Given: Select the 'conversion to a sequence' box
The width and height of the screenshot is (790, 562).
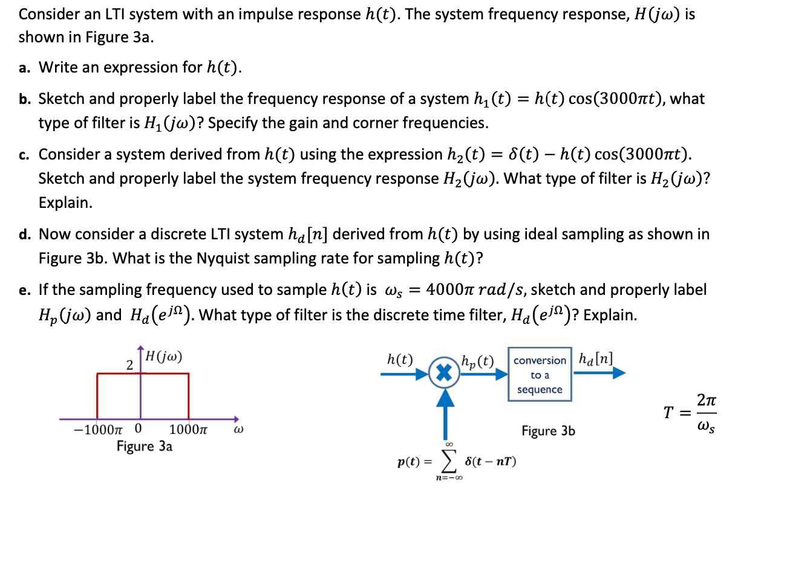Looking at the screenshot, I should click(540, 375).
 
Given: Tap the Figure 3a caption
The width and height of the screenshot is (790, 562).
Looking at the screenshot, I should click(144, 447).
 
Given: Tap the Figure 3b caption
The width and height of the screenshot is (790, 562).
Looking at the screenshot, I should click(548, 431).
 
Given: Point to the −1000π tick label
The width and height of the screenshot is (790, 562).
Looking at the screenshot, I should click(97, 430).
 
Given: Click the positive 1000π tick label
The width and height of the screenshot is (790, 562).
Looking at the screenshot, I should click(188, 430).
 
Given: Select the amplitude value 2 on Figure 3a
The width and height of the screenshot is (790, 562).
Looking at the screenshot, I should click(129, 365).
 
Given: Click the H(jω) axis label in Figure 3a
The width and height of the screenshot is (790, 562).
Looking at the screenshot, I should click(163, 357).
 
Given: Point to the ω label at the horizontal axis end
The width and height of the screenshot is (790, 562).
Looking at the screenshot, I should click(238, 430).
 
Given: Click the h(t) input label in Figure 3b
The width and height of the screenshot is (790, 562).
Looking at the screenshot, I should click(400, 360).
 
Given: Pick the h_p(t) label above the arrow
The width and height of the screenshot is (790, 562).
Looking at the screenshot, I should click(477, 361).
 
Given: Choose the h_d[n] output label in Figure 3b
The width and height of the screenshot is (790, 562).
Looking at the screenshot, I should click(595, 359).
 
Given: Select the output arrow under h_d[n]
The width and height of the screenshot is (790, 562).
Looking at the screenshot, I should click(599, 373).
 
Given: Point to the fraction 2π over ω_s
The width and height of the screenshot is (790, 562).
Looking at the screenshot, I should click(706, 413).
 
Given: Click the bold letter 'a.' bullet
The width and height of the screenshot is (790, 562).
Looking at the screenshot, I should click(24, 68).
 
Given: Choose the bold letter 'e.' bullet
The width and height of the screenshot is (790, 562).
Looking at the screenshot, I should click(24, 290).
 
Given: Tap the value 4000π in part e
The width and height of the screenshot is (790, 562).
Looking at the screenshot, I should click(449, 289).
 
